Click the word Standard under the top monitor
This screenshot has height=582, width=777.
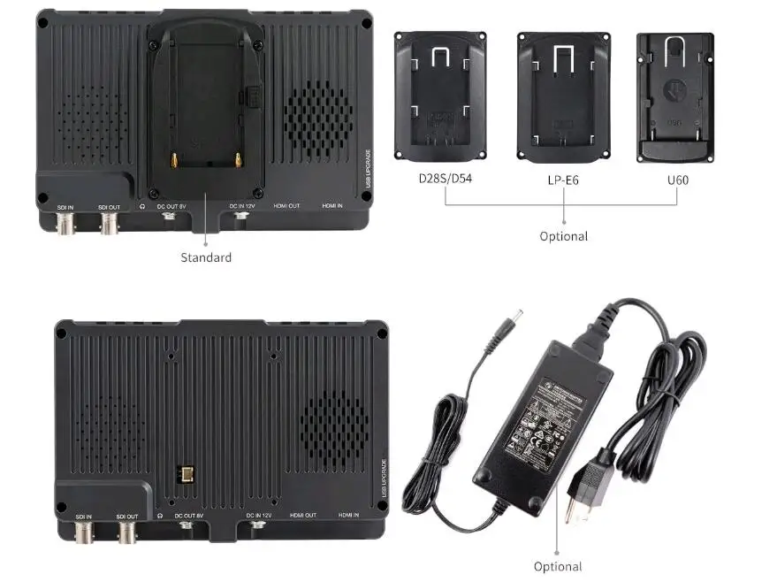pyautogui.click(x=206, y=257)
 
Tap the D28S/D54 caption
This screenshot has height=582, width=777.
pyautogui.click(x=446, y=180)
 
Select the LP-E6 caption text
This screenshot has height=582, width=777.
pyautogui.click(x=563, y=180)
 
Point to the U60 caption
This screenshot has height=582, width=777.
pyautogui.click(x=678, y=180)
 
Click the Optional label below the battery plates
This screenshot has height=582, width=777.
pyautogui.click(x=563, y=236)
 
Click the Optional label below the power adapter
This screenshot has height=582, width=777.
pyautogui.click(x=558, y=566)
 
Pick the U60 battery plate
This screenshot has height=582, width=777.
pyautogui.click(x=674, y=97)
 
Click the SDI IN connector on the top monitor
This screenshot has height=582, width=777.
pyautogui.click(x=65, y=222)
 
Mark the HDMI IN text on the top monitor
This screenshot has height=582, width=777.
pyautogui.click(x=332, y=205)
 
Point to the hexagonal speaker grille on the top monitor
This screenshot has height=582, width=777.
pyautogui.click(x=317, y=120)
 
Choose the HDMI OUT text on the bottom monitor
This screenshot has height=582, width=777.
pyautogui.click(x=303, y=515)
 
